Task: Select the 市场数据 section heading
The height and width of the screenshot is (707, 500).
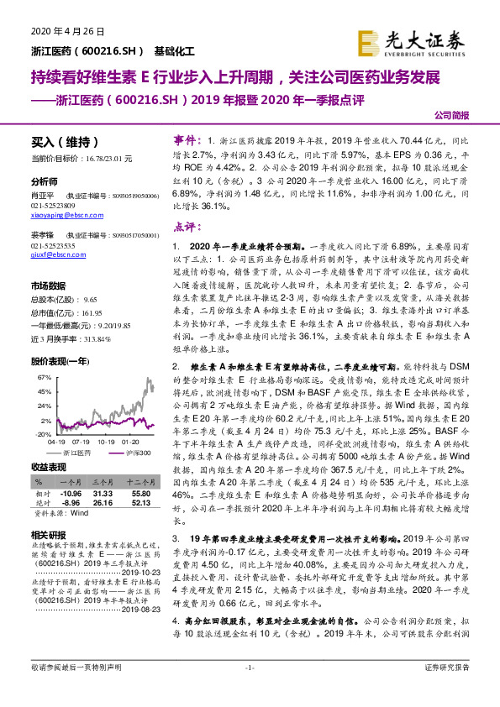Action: click(50, 285)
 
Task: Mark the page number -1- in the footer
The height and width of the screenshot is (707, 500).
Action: click(250, 690)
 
